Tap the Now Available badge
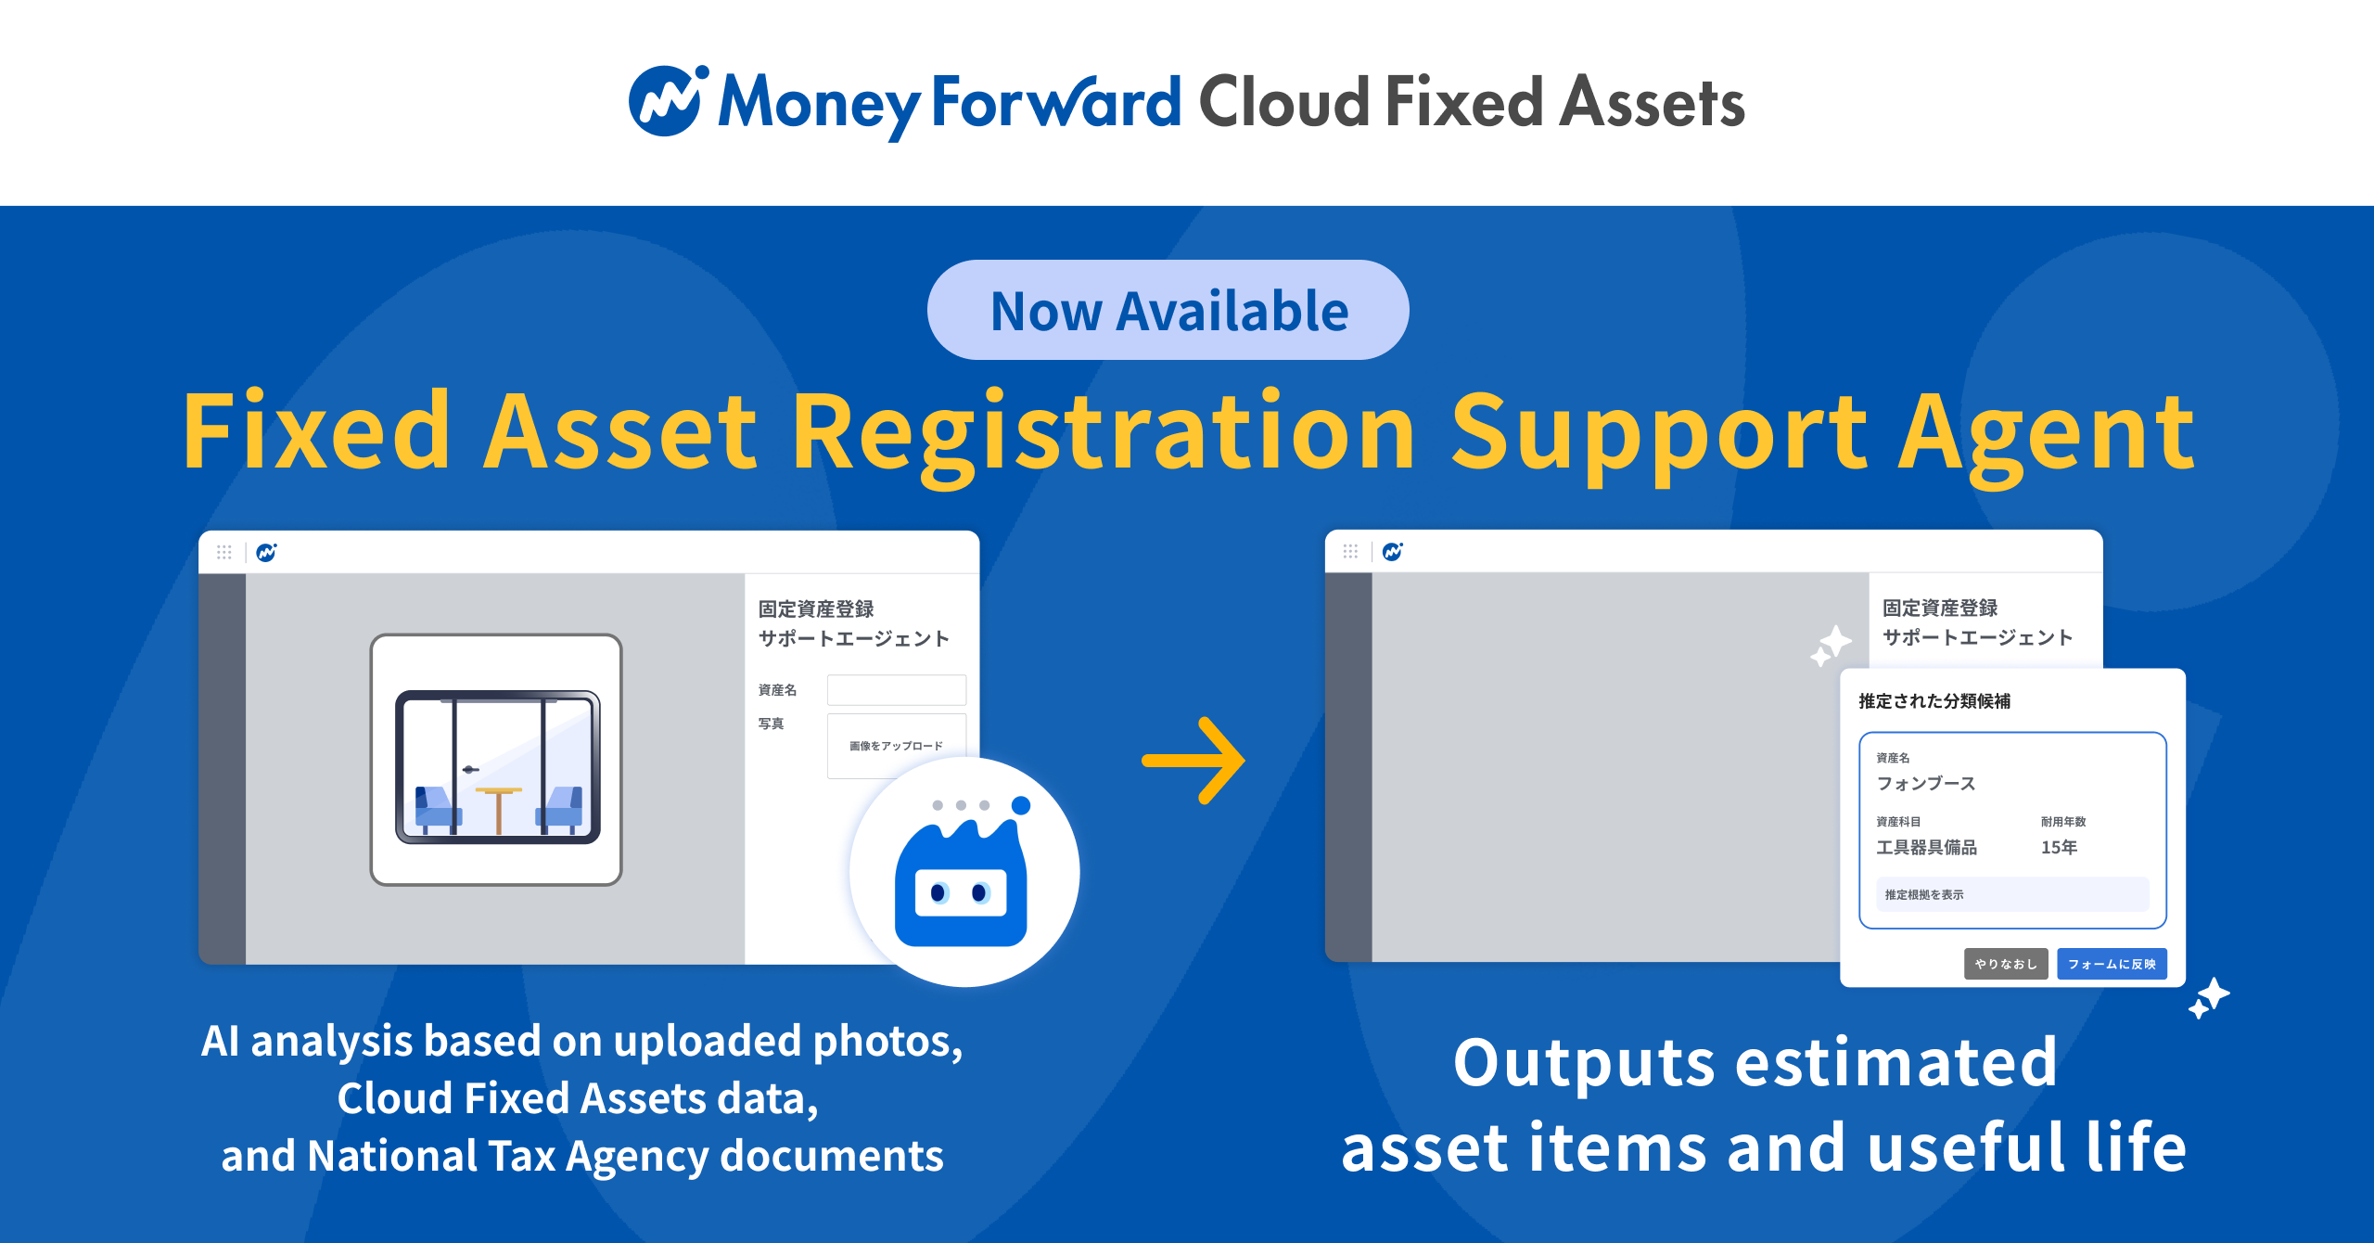pyautogui.click(x=1168, y=310)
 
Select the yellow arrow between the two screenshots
pyautogui.click(x=1193, y=761)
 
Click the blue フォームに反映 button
pyautogui.click(x=2112, y=964)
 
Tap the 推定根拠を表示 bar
pyautogui.click(x=2012, y=894)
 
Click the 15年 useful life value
pyautogui.click(x=2059, y=847)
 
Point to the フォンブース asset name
pyautogui.click(x=1926, y=783)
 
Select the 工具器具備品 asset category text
pyautogui.click(x=1926, y=847)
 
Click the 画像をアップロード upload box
pyautogui.click(x=896, y=745)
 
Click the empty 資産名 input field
pyautogui.click(x=896, y=689)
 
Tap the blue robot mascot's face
pyautogui.click(x=961, y=892)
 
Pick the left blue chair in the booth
pyautogui.click(x=436, y=807)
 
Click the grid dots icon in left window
pyautogui.click(x=224, y=552)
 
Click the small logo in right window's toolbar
pyautogui.click(x=1392, y=552)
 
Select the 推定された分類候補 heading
pyautogui.click(x=1934, y=701)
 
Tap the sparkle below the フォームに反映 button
pyautogui.click(x=2209, y=997)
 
